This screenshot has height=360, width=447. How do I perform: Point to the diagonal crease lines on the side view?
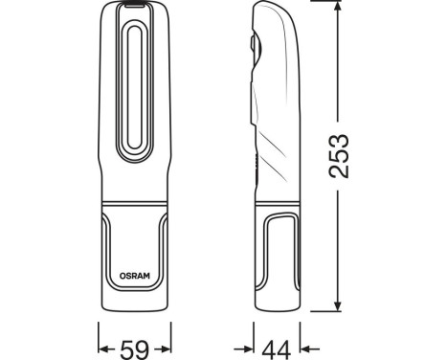click(273, 144)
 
